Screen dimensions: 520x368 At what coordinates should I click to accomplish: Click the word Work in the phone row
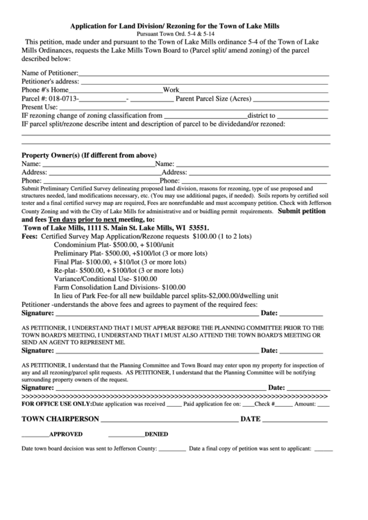point(172,90)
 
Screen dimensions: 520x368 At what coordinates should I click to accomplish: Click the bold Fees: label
point(31,236)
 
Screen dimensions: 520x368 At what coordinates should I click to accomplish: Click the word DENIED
point(156,434)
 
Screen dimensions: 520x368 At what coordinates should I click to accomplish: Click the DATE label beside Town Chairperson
point(250,419)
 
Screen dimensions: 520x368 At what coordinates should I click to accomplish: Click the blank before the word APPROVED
point(34,435)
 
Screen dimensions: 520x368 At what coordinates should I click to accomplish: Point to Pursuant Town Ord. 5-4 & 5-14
point(184,33)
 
